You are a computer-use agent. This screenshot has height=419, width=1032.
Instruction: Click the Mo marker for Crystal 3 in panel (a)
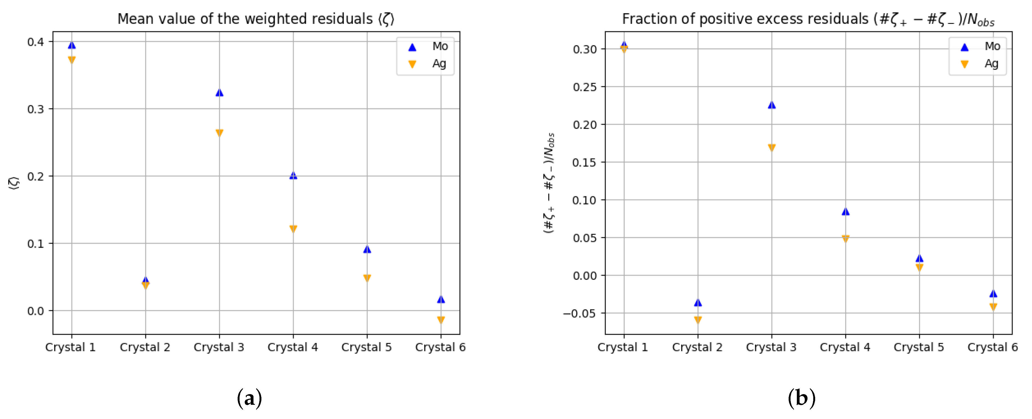pos(219,93)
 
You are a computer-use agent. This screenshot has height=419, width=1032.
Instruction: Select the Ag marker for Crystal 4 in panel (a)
pos(293,229)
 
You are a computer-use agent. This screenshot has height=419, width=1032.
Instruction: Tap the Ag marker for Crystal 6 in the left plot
pos(441,320)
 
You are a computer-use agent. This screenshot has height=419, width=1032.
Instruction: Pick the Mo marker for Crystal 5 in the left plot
pos(367,250)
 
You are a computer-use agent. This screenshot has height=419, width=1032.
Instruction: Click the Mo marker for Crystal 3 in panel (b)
pos(772,105)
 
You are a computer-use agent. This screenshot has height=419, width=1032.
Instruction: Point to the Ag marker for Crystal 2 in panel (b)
pos(698,320)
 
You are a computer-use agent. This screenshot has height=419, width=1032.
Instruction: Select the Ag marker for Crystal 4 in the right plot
pos(845,239)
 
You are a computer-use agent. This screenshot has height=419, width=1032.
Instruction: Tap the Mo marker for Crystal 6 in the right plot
pos(993,294)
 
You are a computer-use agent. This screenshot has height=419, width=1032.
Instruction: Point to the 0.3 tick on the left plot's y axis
pos(36,109)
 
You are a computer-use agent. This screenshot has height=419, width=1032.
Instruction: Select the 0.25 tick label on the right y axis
pos(585,87)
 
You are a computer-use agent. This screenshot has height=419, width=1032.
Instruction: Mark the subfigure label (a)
pos(249,398)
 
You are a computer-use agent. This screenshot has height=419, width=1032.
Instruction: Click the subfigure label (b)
pos(801,398)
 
